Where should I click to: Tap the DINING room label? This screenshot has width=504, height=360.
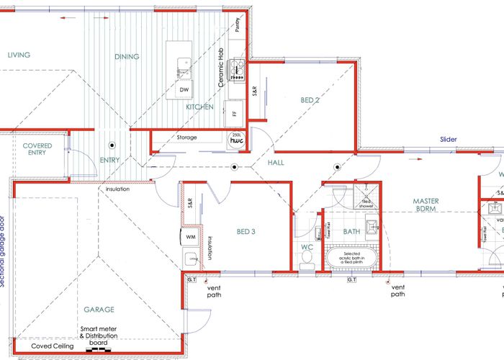pyautogui.click(x=127, y=56)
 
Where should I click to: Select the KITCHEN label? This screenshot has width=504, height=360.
pyautogui.click(x=199, y=107)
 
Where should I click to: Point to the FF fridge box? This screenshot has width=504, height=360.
pyautogui.click(x=234, y=113)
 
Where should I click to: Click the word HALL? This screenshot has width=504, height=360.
pyautogui.click(x=276, y=163)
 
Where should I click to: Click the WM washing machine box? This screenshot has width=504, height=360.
pyautogui.click(x=191, y=235)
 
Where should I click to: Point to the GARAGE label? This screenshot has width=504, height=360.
pyautogui.click(x=99, y=310)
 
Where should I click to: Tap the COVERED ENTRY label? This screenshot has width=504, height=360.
pyautogui.click(x=37, y=149)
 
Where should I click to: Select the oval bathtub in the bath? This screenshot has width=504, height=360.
pyautogui.click(x=351, y=258)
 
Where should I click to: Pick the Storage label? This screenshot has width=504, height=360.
pyautogui.click(x=187, y=137)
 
